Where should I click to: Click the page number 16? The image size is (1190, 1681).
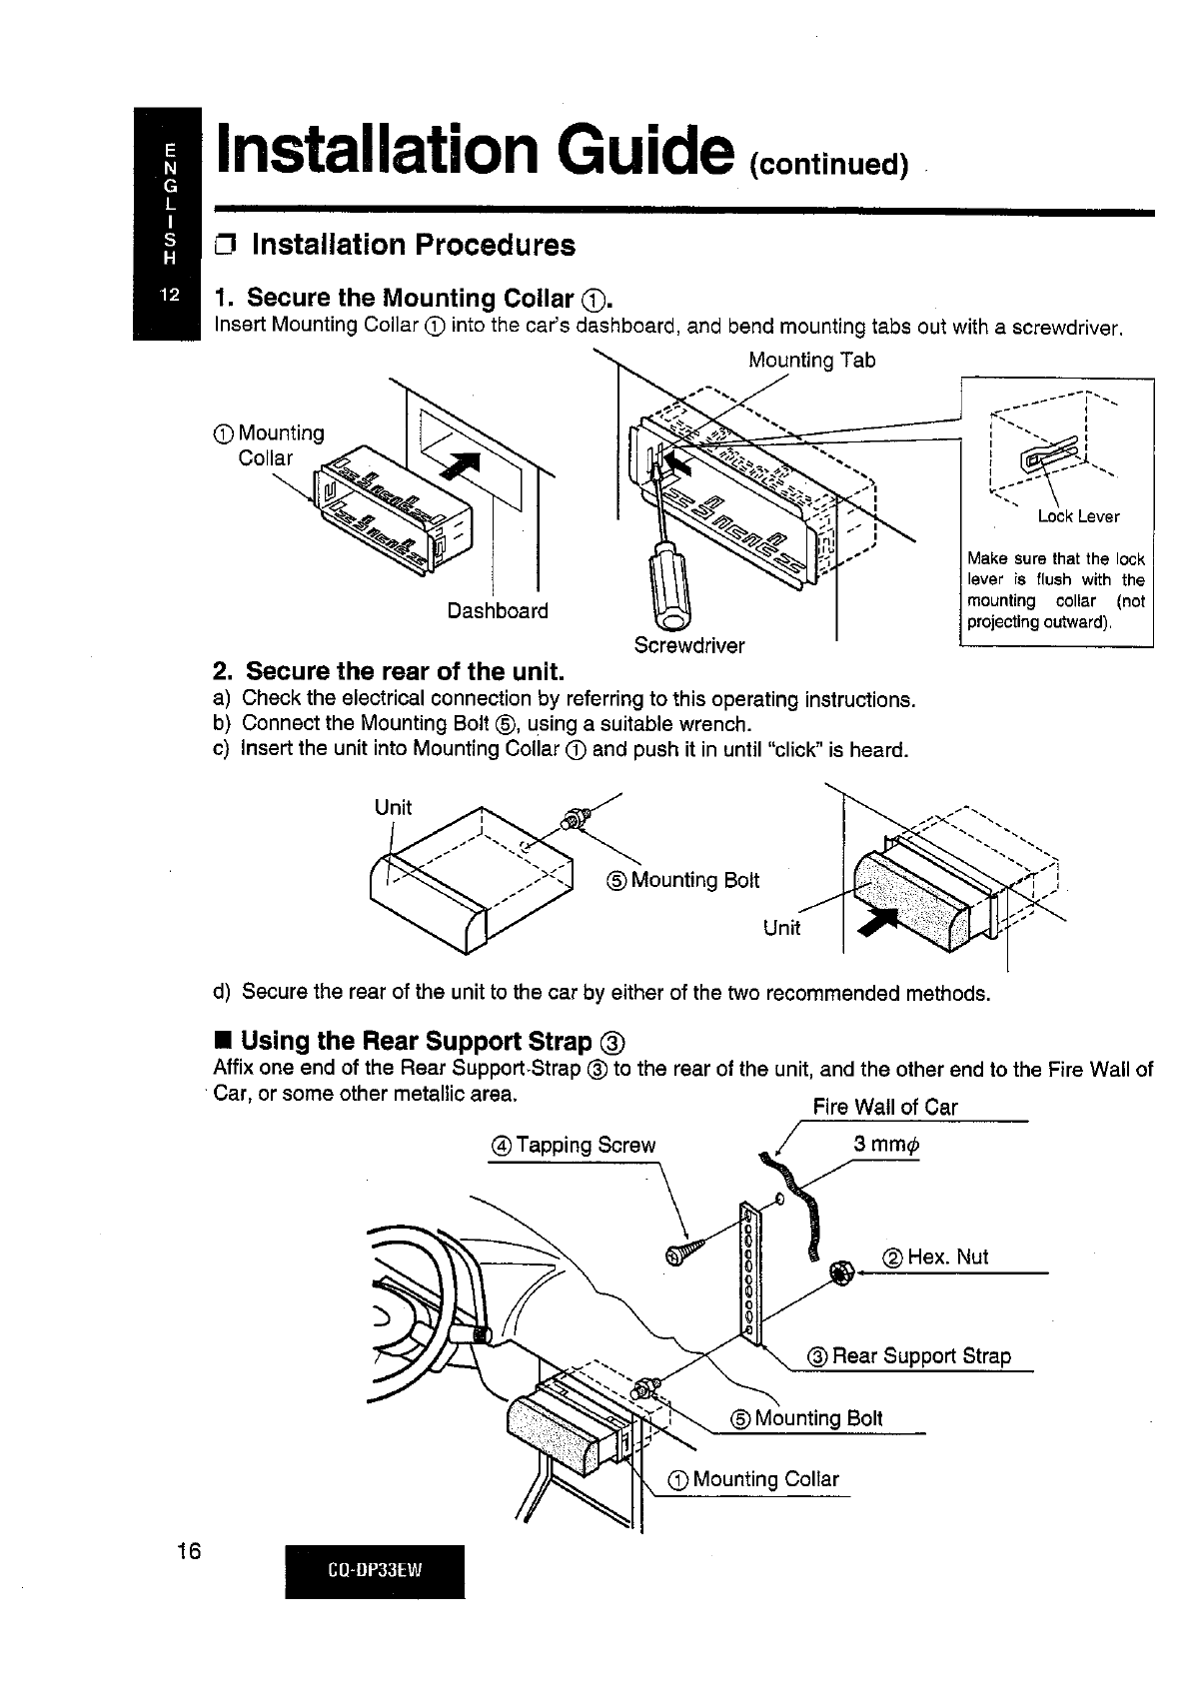click(188, 1551)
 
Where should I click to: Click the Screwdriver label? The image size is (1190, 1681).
click(689, 645)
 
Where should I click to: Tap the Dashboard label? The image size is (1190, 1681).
click(498, 610)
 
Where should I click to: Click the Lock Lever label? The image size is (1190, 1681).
click(1078, 516)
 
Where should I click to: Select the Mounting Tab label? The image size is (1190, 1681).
click(811, 360)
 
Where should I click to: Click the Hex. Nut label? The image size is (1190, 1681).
click(935, 1258)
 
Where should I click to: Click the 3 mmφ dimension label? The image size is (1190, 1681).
click(885, 1146)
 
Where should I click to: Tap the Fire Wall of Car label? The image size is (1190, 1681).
click(884, 1107)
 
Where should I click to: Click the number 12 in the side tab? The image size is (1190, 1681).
click(167, 297)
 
